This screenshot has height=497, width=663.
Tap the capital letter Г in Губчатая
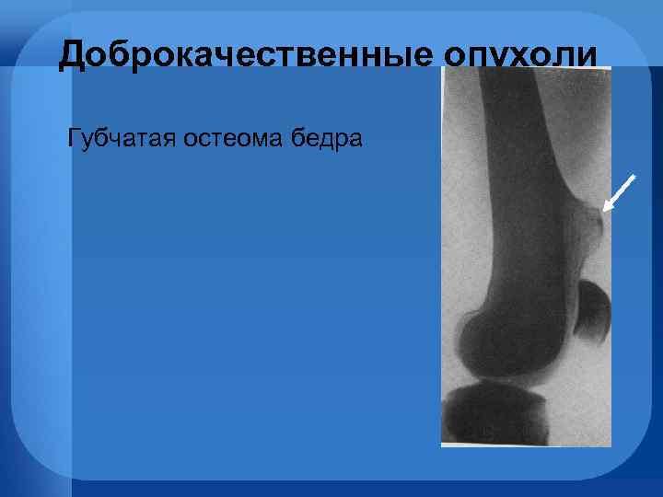(74, 140)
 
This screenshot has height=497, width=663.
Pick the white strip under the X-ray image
(526, 445)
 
